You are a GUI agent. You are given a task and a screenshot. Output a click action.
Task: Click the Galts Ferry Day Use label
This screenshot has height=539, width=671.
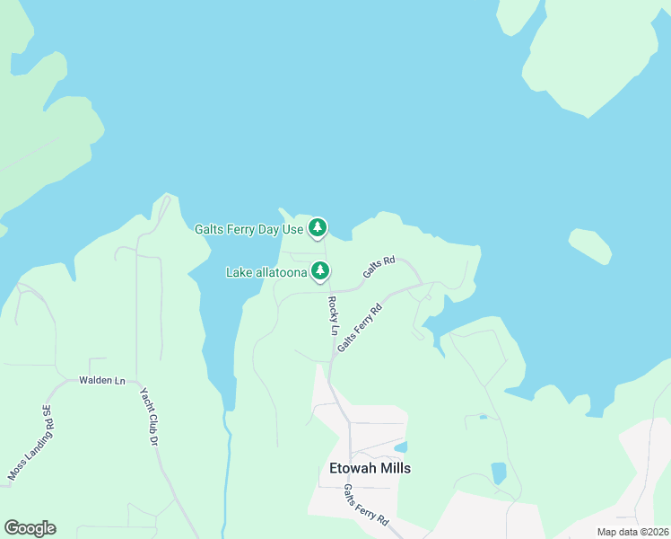point(249,229)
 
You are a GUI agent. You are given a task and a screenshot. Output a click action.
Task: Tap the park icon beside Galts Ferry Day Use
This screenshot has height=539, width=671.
point(317,229)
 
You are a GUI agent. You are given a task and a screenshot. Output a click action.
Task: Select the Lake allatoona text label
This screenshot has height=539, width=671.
point(266,271)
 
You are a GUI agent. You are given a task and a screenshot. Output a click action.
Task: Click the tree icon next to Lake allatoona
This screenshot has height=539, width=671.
point(320,270)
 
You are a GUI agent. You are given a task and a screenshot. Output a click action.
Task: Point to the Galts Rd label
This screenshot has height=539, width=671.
point(379,267)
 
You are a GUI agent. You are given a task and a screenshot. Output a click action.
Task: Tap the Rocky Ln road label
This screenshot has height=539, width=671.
point(333,310)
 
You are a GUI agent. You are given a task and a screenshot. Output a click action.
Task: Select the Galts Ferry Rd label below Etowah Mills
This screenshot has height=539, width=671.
point(366,506)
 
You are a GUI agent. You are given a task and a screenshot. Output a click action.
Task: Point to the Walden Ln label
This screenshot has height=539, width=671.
point(101,380)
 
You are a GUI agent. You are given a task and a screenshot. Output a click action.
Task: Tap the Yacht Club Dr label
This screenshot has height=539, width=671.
point(149,417)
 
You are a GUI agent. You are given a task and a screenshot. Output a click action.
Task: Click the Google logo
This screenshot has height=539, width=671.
point(30,528)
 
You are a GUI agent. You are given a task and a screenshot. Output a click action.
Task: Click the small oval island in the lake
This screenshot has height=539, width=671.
point(590,247)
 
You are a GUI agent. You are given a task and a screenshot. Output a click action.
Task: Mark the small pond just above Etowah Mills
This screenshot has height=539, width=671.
point(401,446)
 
